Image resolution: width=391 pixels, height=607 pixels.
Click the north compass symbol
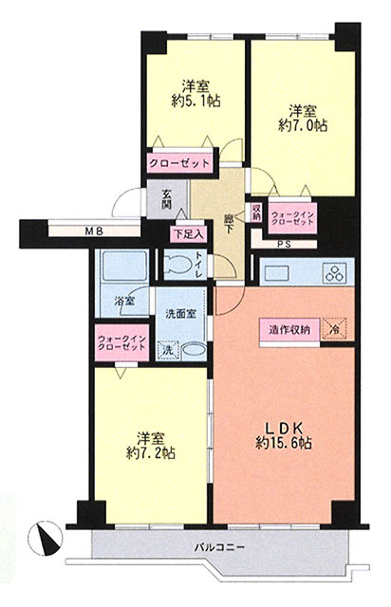click(x=46, y=538)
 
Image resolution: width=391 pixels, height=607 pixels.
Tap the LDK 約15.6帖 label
click(x=284, y=435)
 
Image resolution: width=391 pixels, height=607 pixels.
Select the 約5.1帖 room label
click(x=195, y=93)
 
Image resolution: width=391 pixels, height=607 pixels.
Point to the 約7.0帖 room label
click(x=303, y=118)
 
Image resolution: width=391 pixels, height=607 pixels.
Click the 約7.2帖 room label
click(x=151, y=446)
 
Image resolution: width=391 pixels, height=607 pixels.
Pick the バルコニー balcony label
click(x=219, y=547)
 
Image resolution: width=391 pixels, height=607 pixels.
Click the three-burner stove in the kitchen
click(x=334, y=272)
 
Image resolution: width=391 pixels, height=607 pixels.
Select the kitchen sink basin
click(x=277, y=273)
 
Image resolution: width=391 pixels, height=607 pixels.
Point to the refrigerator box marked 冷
click(x=334, y=329)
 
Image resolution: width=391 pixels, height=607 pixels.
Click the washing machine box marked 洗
click(x=168, y=350)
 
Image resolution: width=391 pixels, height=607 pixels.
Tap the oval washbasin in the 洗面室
click(x=194, y=350)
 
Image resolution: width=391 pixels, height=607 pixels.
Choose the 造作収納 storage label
click(x=289, y=330)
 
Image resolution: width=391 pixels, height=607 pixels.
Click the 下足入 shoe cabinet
click(x=189, y=234)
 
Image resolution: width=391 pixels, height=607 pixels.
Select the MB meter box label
click(x=94, y=231)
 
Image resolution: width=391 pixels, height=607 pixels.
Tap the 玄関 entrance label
click(x=167, y=199)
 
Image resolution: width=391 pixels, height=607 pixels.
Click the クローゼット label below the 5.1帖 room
click(x=179, y=163)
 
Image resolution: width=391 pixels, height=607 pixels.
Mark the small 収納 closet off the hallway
click(x=256, y=212)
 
